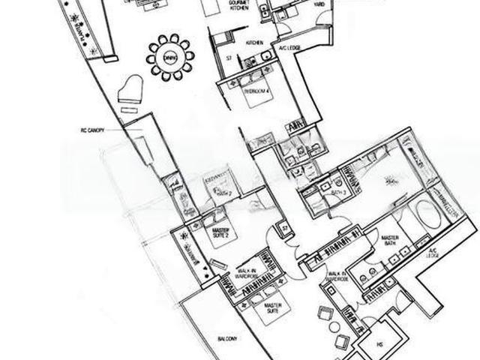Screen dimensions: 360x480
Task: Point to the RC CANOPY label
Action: pyautogui.click(x=94, y=130)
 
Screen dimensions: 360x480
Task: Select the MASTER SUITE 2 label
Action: pyautogui.click(x=220, y=233)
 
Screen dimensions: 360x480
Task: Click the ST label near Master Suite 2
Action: pyautogui.click(x=284, y=228)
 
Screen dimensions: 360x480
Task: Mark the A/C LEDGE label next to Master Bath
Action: pyautogui.click(x=432, y=255)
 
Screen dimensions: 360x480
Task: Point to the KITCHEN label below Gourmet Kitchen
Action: pyautogui.click(x=252, y=43)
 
